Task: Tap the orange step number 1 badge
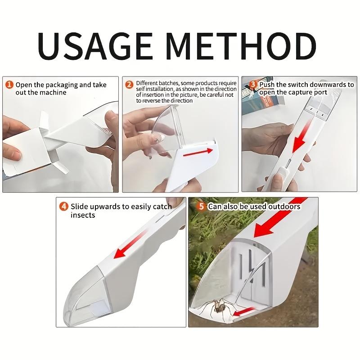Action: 9,85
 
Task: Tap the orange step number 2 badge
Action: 129,84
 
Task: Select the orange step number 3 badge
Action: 253,84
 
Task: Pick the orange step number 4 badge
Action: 64,207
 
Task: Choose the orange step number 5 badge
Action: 202,207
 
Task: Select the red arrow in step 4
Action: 132,245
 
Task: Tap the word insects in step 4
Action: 83,215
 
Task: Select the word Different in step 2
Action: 146,83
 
